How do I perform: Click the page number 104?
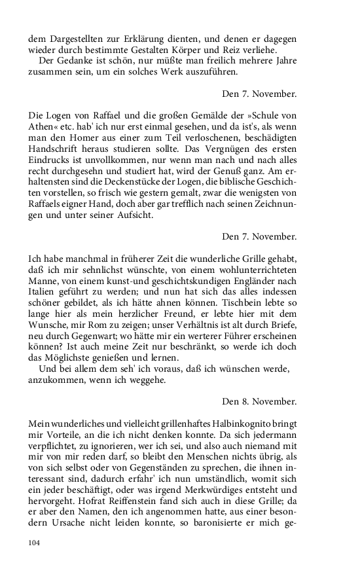[x=35, y=543]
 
